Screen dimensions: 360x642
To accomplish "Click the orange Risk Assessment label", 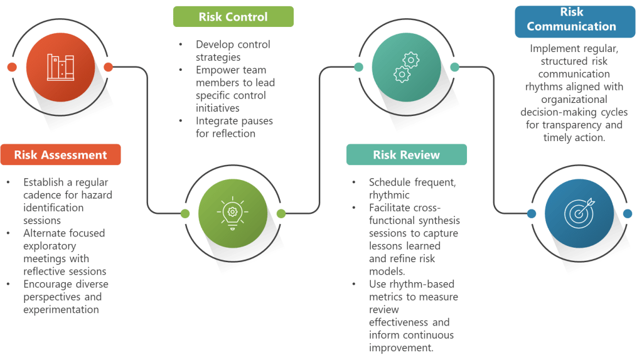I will [x=60, y=155].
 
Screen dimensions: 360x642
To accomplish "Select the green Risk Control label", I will [x=233, y=17].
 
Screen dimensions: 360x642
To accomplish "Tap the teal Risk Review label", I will [x=406, y=155].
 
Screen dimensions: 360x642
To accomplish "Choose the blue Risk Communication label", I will [x=571, y=19].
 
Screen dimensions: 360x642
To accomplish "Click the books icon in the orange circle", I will [x=60, y=67].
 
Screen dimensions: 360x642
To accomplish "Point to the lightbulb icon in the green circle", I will [x=233, y=213].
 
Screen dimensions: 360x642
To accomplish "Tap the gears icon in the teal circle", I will [x=406, y=67].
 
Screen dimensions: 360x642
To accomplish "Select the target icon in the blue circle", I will [x=579, y=214].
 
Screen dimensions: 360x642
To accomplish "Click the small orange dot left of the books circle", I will [x=12, y=67].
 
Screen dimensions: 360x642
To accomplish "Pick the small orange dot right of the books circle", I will [x=108, y=67].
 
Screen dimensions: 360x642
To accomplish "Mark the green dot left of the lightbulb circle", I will [x=185, y=214].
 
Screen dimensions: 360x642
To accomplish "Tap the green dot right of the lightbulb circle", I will [x=281, y=214].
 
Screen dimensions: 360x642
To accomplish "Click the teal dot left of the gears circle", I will [x=358, y=67].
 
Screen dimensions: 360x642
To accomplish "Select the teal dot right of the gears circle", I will [x=455, y=67].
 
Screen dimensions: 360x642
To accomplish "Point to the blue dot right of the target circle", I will [x=627, y=214].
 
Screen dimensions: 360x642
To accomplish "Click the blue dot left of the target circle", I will [x=531, y=214].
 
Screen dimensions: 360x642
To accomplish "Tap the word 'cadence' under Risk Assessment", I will [x=41, y=194].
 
